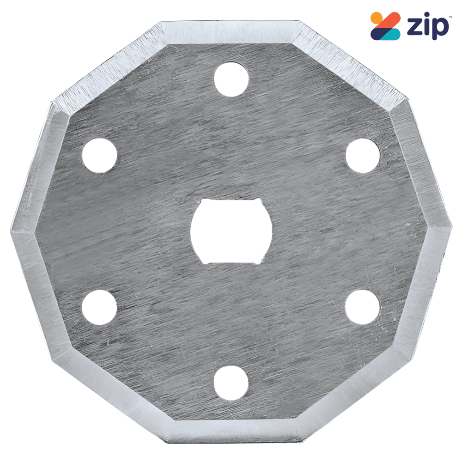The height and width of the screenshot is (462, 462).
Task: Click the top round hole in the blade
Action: pos(231,79)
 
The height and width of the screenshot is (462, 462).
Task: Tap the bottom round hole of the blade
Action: pos(231,383)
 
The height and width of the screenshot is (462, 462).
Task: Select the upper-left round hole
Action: pos(100,155)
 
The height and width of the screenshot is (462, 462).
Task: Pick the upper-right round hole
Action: pos(363,155)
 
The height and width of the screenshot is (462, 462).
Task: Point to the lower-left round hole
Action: pos(99,307)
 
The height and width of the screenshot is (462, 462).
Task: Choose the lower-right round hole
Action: pos(362,307)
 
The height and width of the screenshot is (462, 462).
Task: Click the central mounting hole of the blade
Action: pos(231,231)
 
